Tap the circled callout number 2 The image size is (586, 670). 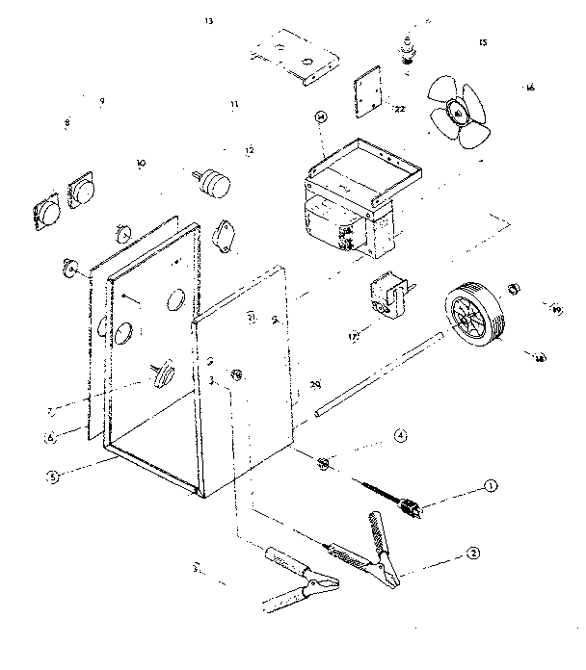(473, 554)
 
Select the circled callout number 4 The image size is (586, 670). (401, 436)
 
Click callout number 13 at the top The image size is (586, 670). (209, 20)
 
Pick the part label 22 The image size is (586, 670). (399, 109)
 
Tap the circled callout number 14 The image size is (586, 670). (321, 117)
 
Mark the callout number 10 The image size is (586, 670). (141, 164)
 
